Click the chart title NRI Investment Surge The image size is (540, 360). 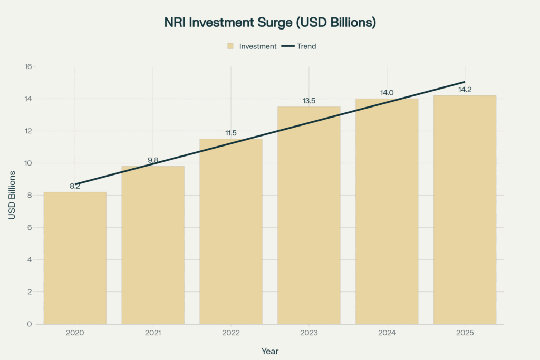point(269,23)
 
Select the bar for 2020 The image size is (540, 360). point(75,258)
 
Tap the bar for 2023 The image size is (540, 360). point(309,216)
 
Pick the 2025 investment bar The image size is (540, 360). point(465,211)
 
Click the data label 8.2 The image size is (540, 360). point(75,186)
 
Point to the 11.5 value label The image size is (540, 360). point(231,133)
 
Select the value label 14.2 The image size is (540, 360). point(465,90)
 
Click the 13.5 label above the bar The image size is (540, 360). point(309,101)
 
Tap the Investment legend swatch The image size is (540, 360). point(230,46)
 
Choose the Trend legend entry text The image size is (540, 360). point(306,46)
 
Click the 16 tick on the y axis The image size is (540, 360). point(28,67)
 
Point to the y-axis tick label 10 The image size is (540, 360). point(28,163)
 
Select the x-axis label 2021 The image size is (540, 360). point(153,333)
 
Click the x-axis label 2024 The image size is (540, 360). point(387,333)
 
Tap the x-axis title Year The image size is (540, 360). point(269,351)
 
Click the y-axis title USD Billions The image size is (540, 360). point(12,195)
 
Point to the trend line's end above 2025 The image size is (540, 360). point(464,82)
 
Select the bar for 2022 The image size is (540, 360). point(231,232)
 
